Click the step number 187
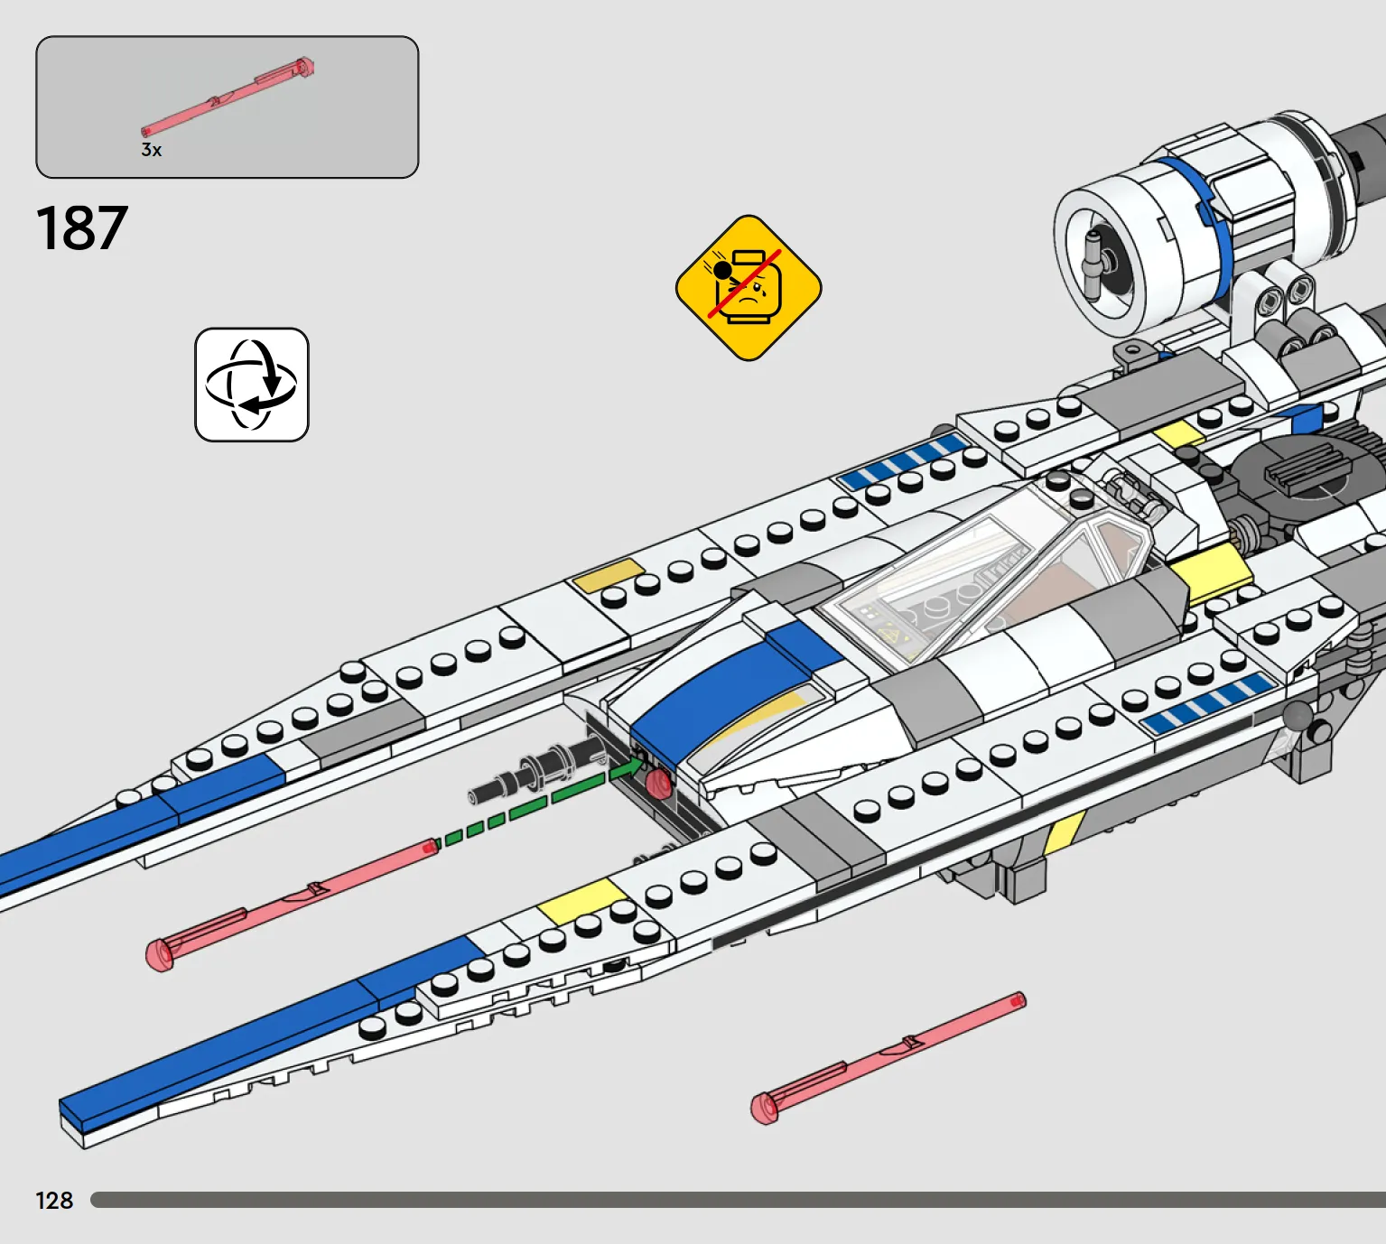pos(81,227)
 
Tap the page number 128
pos(54,1201)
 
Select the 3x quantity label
pos(151,150)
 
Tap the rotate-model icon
pos(252,385)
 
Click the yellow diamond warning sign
pos(749,288)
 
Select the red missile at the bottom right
pos(888,1057)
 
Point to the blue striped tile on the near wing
pos(1209,701)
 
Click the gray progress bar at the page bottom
pos(739,1200)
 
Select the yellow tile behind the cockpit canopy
pos(1211,573)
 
